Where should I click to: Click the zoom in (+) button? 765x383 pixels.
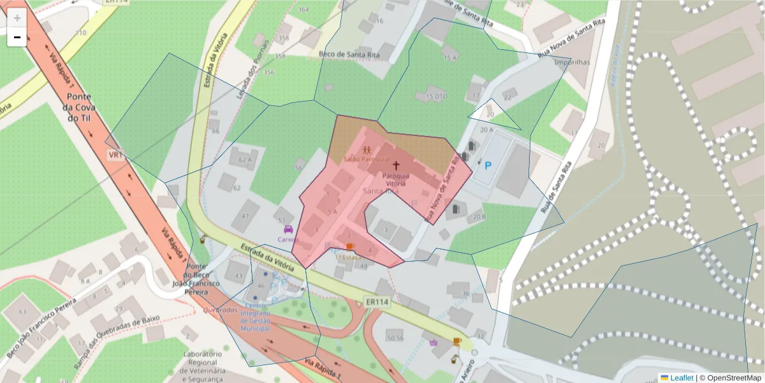(17, 18)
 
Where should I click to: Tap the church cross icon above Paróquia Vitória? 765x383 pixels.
(396, 165)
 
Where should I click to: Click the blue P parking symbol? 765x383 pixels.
(488, 166)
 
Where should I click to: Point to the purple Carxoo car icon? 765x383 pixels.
(288, 229)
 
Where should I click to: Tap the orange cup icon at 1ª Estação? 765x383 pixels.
(349, 246)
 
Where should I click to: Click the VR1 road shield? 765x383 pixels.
(115, 155)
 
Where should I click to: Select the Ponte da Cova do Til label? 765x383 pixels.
(80, 109)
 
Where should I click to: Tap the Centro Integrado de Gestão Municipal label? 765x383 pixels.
(255, 317)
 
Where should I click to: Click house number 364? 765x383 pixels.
(303, 10)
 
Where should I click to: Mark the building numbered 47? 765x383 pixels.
(245, 216)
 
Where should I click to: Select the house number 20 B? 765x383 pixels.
(479, 216)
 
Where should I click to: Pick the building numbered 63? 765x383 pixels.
(23, 312)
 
